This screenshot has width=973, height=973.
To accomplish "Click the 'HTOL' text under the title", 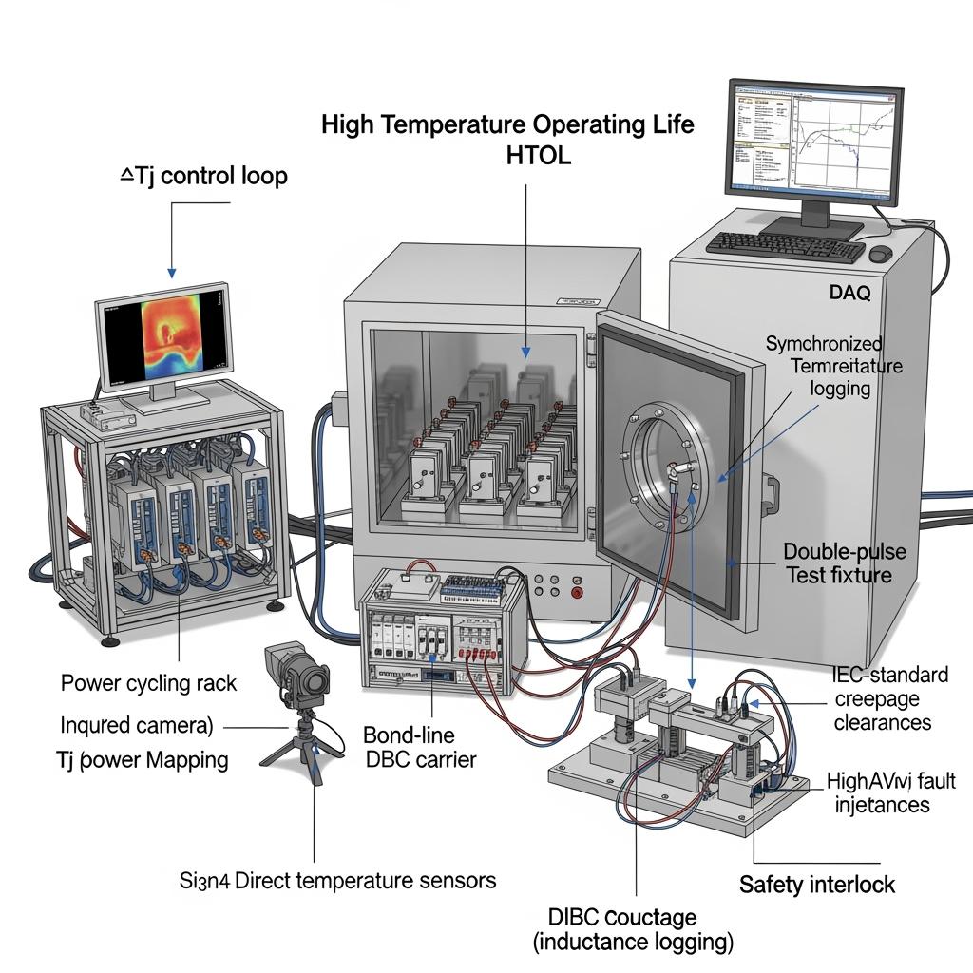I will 525,156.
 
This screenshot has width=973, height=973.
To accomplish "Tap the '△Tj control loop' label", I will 205,176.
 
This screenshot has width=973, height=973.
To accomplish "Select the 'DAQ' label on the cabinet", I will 849,293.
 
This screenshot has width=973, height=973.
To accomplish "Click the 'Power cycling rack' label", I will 149,682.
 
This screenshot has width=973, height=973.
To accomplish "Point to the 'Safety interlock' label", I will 817,885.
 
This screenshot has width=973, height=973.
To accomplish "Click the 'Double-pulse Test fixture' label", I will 844,563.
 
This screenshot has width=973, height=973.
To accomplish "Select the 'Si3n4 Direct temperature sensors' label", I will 337,880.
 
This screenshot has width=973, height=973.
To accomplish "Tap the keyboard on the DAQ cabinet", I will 785,246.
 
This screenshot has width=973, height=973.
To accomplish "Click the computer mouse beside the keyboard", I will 881,254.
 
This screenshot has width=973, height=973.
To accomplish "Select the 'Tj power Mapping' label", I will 144,760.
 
